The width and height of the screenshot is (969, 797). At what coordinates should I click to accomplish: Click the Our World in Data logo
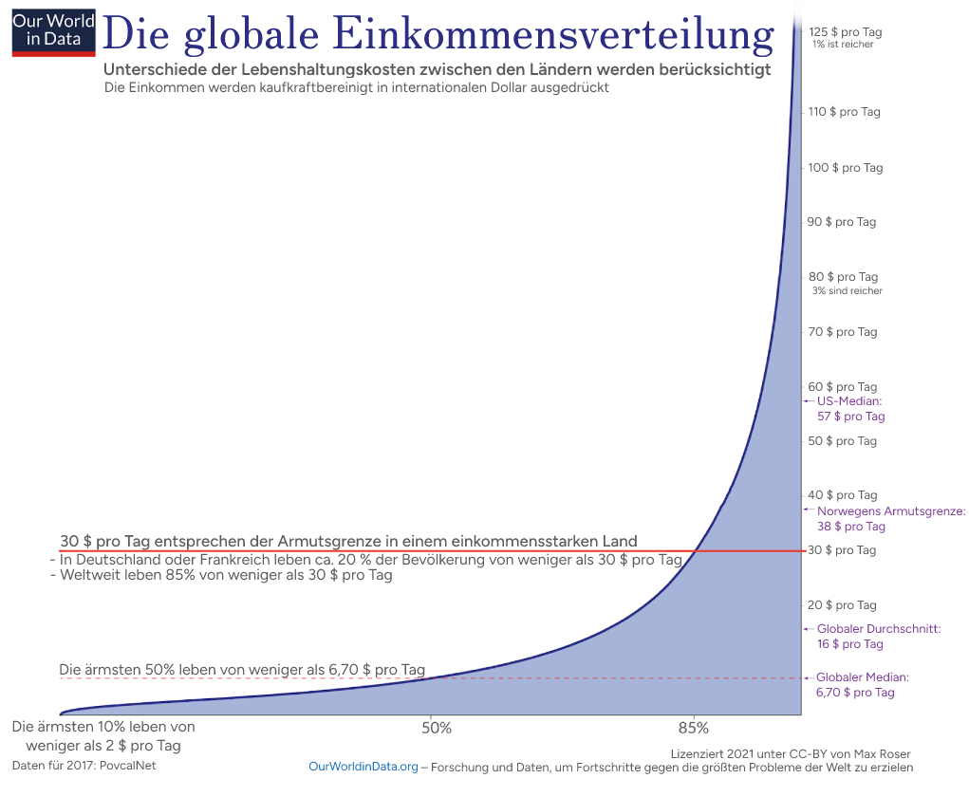pos(53,31)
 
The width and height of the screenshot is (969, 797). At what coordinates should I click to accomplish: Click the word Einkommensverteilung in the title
pos(554,34)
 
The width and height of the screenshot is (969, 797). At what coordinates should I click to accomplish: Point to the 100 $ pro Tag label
pos(845,168)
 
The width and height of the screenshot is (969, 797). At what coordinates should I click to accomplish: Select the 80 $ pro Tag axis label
pos(843,277)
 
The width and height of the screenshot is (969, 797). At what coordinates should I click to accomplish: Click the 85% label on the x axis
pos(694,729)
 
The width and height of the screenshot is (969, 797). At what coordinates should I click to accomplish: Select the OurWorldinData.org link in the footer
pos(363,767)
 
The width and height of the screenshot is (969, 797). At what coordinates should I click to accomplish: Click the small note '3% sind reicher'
pos(847,291)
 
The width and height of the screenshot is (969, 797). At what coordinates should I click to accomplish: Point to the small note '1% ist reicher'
pos(843,45)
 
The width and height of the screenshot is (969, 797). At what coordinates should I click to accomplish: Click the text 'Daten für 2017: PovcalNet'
pos(84,765)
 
